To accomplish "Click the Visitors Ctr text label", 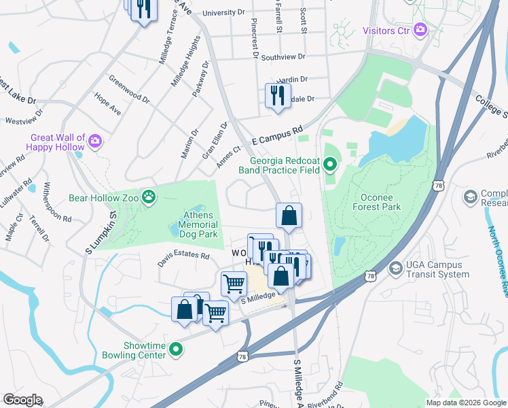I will tap(386, 30).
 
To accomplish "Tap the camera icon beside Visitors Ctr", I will tap(420, 29).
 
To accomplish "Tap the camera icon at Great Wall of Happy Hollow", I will tap(95, 141).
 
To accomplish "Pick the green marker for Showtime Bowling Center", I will tap(176, 350).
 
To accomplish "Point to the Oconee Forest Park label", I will tap(377, 202).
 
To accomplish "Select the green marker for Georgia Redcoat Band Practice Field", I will tap(331, 163).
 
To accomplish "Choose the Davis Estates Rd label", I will tap(184, 256).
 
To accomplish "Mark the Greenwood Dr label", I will tap(129, 88).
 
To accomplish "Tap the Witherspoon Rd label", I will tap(58, 202).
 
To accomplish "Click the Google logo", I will tap(22, 400).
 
